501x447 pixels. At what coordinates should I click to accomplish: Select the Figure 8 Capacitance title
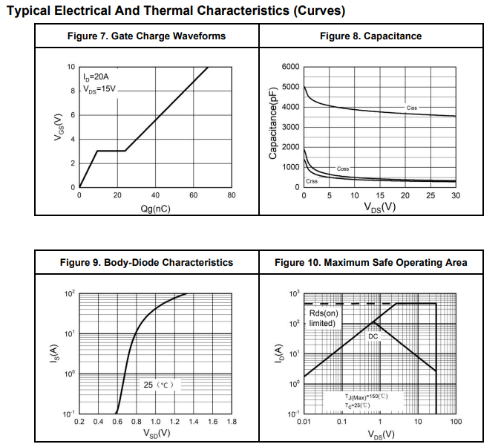click(370, 36)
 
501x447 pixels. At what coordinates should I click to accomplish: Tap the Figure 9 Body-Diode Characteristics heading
click(146, 262)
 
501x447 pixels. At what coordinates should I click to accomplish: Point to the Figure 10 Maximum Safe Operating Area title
click(370, 262)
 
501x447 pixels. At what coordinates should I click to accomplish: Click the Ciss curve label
click(412, 108)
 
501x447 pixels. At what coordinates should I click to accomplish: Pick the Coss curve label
click(343, 169)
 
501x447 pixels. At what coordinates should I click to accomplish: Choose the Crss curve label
click(312, 181)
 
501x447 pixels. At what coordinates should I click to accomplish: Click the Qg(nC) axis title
click(156, 209)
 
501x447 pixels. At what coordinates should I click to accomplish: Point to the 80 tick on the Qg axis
click(232, 195)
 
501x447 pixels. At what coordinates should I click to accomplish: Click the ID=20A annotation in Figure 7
click(96, 76)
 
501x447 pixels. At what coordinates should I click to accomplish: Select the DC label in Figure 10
click(373, 336)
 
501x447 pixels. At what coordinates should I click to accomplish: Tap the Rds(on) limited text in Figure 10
click(324, 318)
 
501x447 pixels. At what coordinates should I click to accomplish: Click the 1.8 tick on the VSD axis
click(231, 422)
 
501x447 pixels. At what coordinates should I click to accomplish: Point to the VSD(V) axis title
click(156, 434)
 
